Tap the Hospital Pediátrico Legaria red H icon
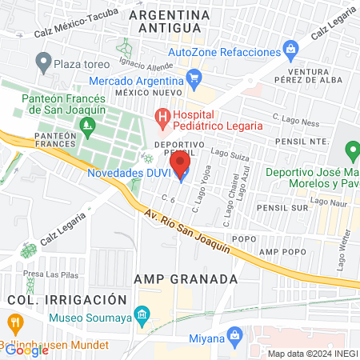(x=163, y=120)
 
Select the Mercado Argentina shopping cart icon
(x=193, y=78)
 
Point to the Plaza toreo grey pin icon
(x=44, y=61)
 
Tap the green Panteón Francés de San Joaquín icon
(x=86, y=125)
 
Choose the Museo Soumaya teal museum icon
(x=142, y=314)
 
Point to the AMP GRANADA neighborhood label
(x=186, y=279)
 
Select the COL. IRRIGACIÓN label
(x=67, y=299)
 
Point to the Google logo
(x=26, y=350)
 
